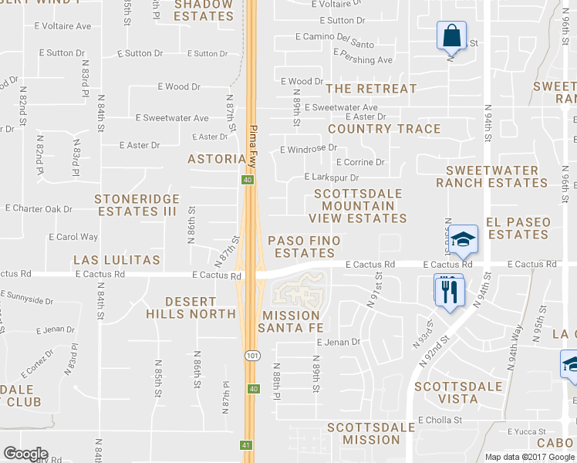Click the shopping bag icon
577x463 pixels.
(x=450, y=35)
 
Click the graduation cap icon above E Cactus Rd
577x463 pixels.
(x=463, y=239)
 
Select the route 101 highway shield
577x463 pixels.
(x=251, y=356)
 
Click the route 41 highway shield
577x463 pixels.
(x=246, y=445)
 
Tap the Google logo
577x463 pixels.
(x=25, y=454)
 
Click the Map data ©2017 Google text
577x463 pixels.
(x=530, y=457)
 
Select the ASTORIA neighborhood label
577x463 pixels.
(x=217, y=159)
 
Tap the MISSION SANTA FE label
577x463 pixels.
(x=290, y=322)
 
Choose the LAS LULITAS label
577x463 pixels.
(x=116, y=259)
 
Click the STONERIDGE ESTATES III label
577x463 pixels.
(x=137, y=205)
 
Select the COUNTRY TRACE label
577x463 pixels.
(x=384, y=129)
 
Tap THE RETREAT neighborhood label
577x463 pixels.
(x=371, y=89)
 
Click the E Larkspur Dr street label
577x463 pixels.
(x=332, y=177)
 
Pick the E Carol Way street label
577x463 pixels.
(x=73, y=237)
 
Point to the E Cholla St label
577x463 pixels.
(x=440, y=421)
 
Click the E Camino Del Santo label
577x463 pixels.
(x=336, y=37)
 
